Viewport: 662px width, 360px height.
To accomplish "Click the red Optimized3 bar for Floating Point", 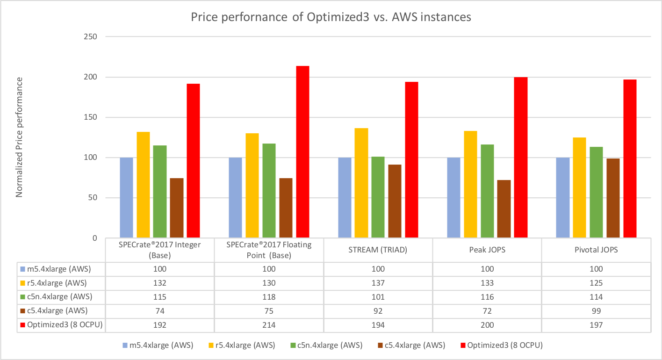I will coord(302,152).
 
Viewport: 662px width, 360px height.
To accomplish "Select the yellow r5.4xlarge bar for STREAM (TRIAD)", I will coord(361,183).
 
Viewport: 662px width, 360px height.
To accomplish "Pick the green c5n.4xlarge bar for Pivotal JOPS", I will coord(596,192).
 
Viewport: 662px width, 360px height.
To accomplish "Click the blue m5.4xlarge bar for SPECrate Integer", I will coord(126,198).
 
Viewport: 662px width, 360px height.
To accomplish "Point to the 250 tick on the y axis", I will coord(96,36).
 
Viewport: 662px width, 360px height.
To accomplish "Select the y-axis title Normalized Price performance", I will coord(19,137).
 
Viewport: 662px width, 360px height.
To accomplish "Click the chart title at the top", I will coord(331,17).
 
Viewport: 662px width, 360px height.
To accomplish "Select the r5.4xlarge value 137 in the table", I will coord(378,282).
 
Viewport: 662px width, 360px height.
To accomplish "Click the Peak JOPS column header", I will coord(487,250).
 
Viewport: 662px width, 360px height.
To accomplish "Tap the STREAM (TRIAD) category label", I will coord(378,250).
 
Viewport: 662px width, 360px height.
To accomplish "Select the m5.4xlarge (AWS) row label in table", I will coord(58,269).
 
